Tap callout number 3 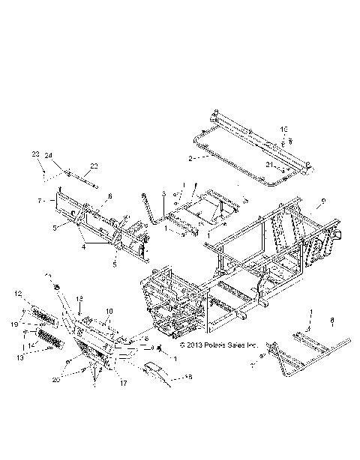click(163, 194)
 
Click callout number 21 click(268, 165)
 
